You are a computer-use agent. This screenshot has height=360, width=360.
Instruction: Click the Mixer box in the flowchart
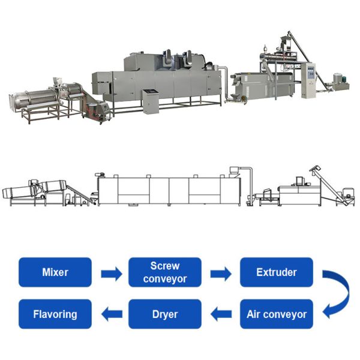(55, 272)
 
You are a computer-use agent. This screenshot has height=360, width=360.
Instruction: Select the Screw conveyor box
(165, 272)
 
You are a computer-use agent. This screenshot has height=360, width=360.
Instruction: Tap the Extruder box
(276, 272)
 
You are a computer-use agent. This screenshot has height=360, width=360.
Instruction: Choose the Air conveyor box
(276, 314)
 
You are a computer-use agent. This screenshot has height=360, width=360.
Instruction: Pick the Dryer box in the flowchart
(165, 314)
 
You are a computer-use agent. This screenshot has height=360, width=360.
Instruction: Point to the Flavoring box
(55, 314)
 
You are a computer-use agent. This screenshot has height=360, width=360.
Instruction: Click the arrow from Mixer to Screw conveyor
(110, 274)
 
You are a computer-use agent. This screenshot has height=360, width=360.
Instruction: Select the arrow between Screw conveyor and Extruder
(221, 274)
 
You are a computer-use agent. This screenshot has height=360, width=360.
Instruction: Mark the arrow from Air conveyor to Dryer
(221, 314)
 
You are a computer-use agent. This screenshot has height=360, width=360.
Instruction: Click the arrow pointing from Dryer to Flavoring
(110, 314)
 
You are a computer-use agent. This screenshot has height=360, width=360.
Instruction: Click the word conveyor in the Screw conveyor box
(165, 279)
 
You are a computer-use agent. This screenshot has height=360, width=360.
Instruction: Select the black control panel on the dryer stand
(151, 94)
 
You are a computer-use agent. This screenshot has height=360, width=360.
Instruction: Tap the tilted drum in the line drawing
(27, 191)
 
